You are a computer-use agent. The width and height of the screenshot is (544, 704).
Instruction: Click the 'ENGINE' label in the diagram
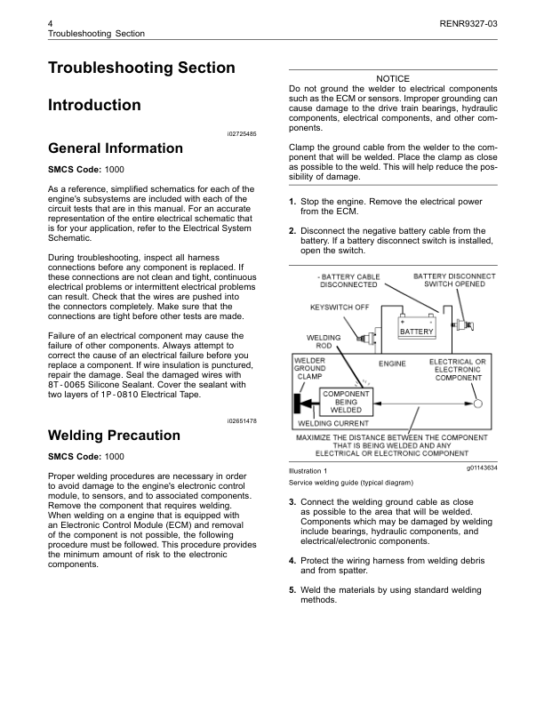[392, 364]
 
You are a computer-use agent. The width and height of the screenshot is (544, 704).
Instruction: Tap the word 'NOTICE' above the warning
[393, 79]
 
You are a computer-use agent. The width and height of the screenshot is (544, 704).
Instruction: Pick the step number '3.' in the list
[292, 502]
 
